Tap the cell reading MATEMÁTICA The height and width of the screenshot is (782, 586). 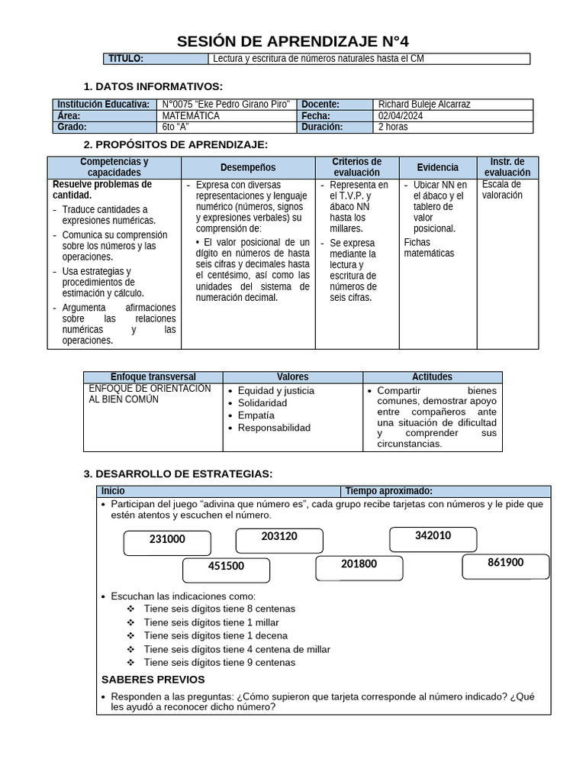[x=191, y=116]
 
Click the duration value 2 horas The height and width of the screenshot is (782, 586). [x=394, y=128]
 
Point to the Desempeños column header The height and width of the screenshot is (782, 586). [x=248, y=168]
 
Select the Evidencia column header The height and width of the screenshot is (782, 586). [x=438, y=168]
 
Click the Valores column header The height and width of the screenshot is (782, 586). [x=293, y=377]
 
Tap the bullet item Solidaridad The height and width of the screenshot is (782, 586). [x=262, y=403]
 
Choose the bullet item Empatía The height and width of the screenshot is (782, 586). [x=256, y=415]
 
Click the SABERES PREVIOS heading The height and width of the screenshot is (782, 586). [x=153, y=680]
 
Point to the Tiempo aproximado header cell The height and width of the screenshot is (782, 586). [x=389, y=491]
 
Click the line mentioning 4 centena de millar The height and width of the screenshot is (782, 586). [x=237, y=649]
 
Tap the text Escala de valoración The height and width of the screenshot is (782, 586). [x=502, y=190]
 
